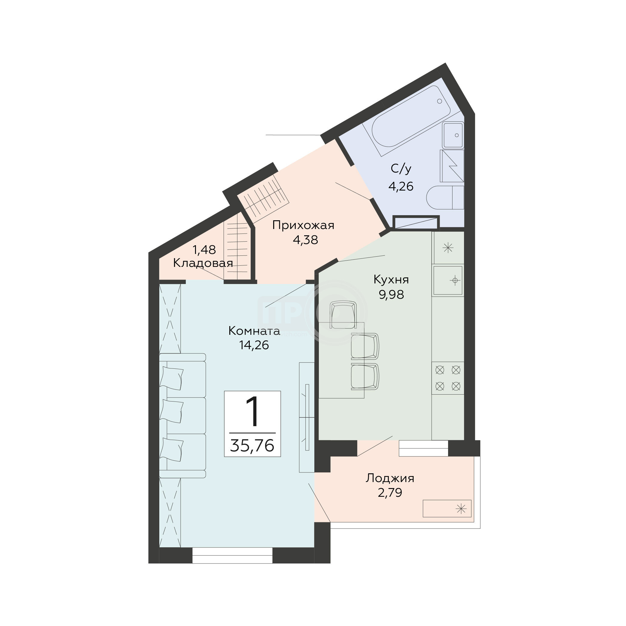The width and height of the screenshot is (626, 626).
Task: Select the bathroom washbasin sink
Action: [x=453, y=135]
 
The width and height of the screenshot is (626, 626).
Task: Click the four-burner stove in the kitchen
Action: [x=448, y=378]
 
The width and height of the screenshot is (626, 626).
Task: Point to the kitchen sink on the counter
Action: [x=448, y=280]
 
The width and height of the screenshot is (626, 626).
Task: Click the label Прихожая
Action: [x=303, y=225]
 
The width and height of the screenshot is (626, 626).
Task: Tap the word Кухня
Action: [x=391, y=279]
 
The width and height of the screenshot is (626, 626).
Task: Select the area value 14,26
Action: [x=254, y=345]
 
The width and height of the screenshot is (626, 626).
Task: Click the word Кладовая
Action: [x=203, y=263]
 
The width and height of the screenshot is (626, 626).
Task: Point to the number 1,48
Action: [x=204, y=249]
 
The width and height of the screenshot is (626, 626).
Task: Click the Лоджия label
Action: [x=390, y=478]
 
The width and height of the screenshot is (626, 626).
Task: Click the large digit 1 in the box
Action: [x=252, y=412]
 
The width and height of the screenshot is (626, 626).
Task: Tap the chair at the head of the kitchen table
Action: [x=343, y=314]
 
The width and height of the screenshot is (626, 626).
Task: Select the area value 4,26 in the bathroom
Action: [x=401, y=186]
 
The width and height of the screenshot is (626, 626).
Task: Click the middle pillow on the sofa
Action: [x=172, y=411]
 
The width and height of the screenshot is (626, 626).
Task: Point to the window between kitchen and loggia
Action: [x=423, y=448]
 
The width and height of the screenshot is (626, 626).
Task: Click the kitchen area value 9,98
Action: [x=391, y=295]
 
